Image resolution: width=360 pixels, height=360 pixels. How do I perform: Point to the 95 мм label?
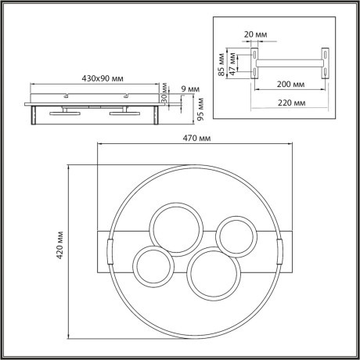[200, 106]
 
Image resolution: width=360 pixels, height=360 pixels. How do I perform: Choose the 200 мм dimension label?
[288, 83]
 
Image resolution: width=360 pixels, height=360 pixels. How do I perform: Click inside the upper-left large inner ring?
[177, 228]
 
